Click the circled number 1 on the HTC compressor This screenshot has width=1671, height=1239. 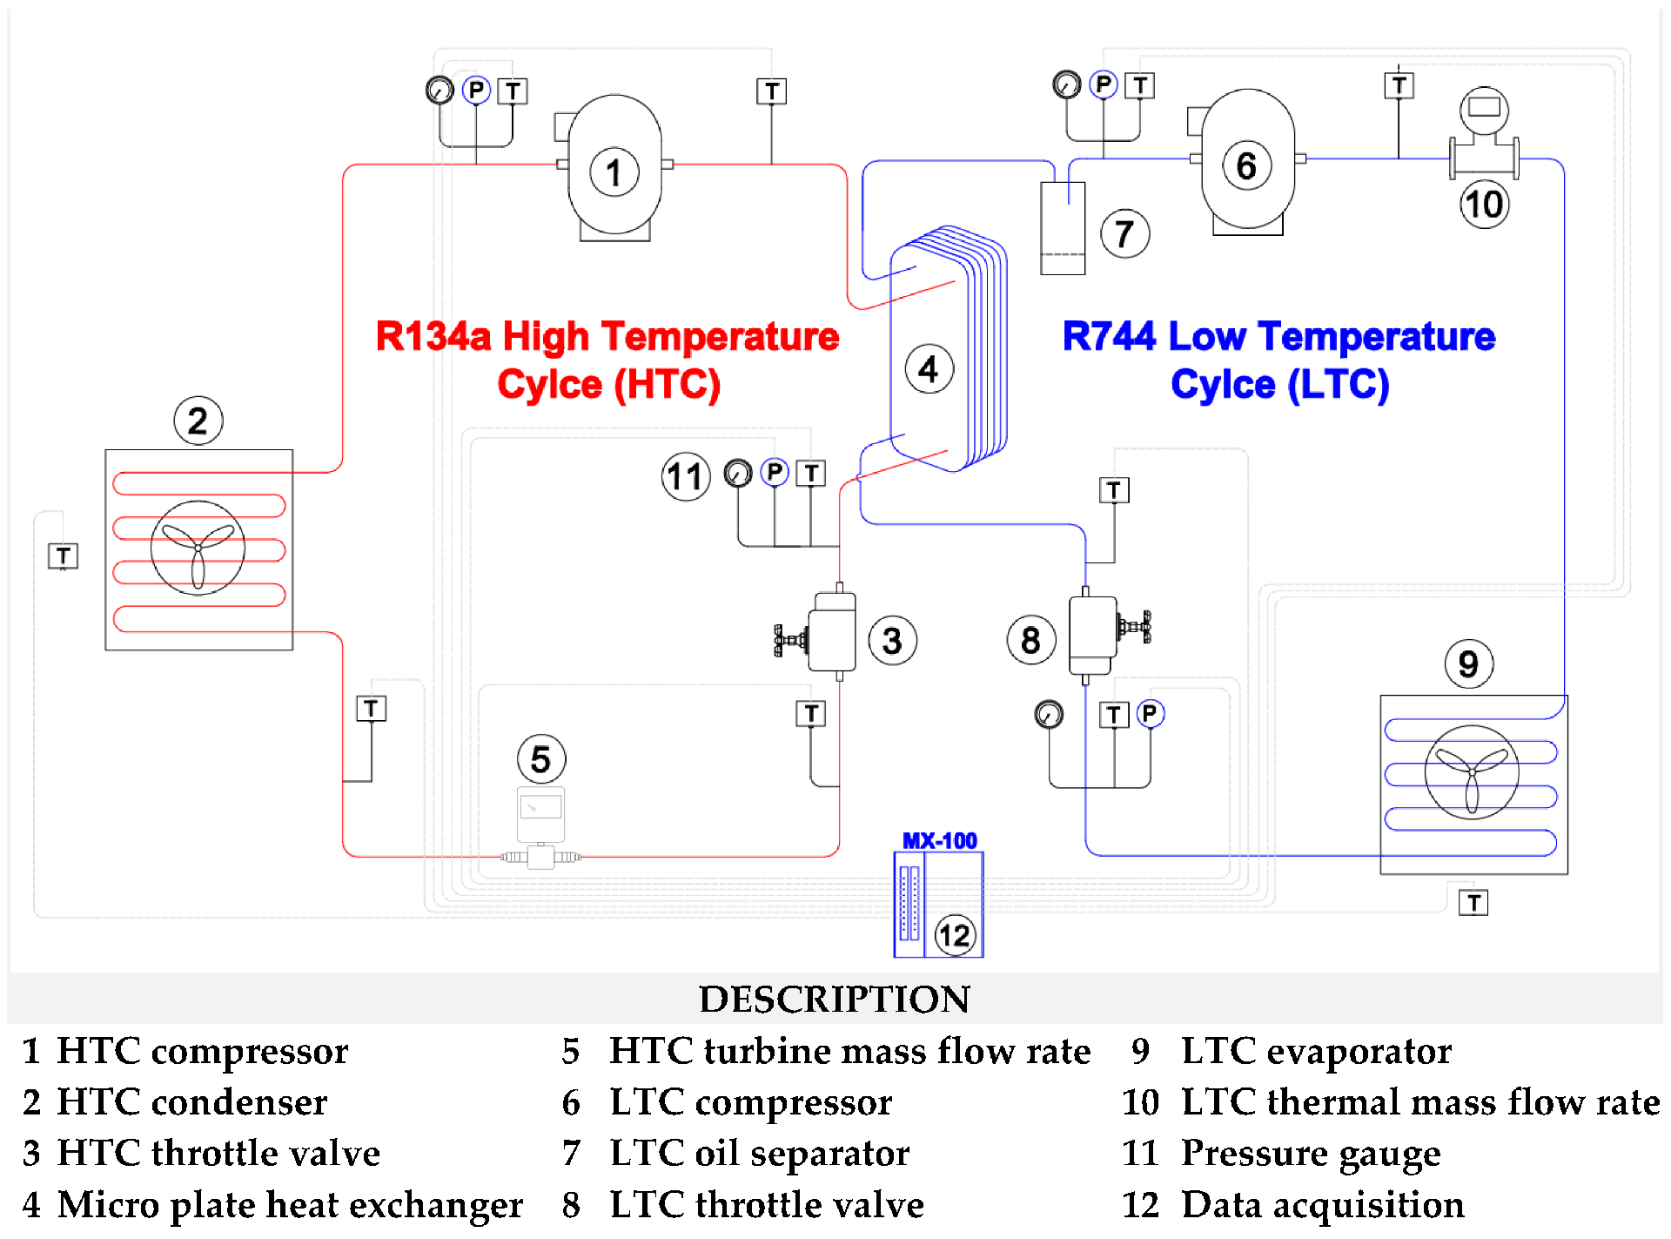[x=614, y=172]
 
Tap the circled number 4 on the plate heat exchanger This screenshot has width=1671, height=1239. [x=929, y=369]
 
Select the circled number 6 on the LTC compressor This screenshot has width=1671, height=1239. [x=1246, y=165]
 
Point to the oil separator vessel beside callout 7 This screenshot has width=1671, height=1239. [x=1063, y=228]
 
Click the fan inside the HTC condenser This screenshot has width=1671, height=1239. [x=198, y=548]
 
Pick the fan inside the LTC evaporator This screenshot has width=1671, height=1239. [x=1472, y=772]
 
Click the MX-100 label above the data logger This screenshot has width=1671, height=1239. [x=939, y=841]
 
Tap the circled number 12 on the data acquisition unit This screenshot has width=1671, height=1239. [x=955, y=935]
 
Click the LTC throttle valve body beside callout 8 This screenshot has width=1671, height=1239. [x=1093, y=635]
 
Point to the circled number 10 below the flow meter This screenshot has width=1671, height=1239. [x=1484, y=205]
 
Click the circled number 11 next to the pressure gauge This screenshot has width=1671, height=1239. [x=686, y=477]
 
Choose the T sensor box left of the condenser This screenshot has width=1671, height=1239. [x=63, y=556]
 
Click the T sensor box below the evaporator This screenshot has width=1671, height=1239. [x=1473, y=903]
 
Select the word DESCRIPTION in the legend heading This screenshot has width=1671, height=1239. [x=834, y=999]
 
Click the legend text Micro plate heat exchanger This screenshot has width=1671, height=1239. [x=290, y=1205]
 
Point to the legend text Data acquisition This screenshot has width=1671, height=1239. [x=1322, y=1205]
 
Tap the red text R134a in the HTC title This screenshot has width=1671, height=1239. [x=433, y=337]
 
